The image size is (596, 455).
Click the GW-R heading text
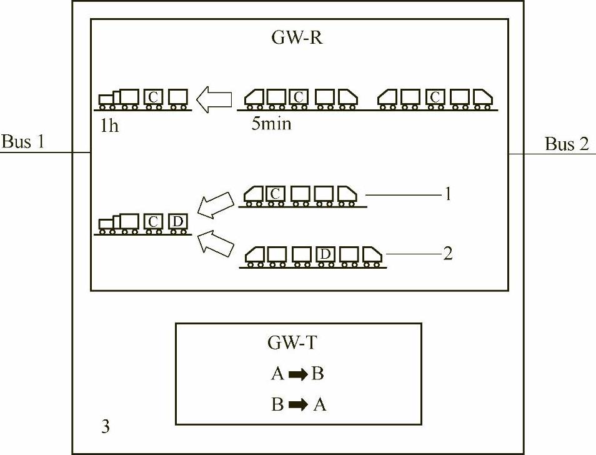(x=297, y=38)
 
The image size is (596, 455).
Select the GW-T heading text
(x=297, y=343)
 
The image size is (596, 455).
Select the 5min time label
(x=271, y=123)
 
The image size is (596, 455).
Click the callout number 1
(x=447, y=194)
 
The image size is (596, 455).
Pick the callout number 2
(x=447, y=254)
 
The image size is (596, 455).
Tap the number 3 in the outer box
(x=106, y=427)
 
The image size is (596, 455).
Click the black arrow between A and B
(x=297, y=374)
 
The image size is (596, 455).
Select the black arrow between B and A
(x=297, y=405)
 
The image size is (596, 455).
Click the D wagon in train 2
(x=324, y=254)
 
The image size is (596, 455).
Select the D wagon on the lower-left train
(x=177, y=221)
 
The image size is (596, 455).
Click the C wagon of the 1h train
(x=153, y=97)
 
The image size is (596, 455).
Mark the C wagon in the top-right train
(x=436, y=97)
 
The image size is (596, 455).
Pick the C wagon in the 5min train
(x=299, y=97)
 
